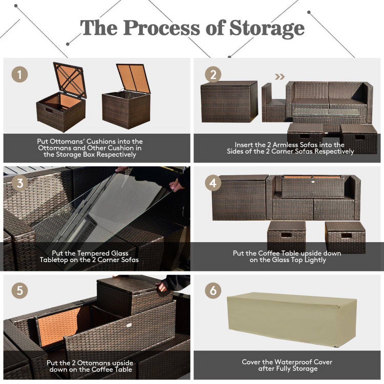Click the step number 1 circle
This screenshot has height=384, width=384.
(x=19, y=74)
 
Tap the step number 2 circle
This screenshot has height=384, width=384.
(x=213, y=74)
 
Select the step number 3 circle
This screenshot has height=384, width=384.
(x=19, y=183)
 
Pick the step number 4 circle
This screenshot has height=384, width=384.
(x=213, y=183)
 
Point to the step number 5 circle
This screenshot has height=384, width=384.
(x=19, y=291)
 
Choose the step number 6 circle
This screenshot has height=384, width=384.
(x=213, y=291)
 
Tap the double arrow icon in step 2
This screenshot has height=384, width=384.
(x=280, y=77)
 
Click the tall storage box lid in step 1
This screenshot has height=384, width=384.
(x=133, y=78)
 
